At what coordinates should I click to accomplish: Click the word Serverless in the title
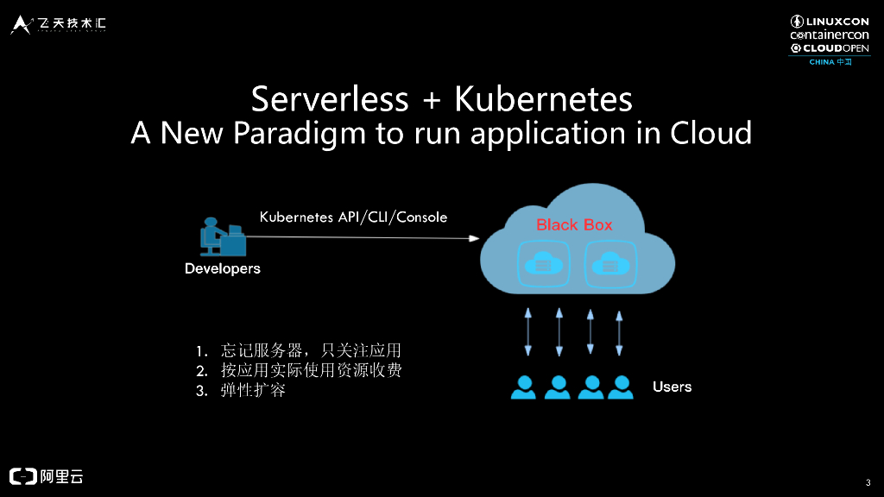330,100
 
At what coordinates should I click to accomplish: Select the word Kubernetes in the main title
544,100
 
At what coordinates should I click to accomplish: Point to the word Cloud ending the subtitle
711,134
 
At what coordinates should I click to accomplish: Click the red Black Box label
574,224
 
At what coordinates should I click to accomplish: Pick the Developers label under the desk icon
223,268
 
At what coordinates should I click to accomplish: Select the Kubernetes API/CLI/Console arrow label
354,217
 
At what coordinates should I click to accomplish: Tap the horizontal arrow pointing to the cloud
363,238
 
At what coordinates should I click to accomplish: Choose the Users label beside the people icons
672,387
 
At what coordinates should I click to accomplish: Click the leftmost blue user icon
524,387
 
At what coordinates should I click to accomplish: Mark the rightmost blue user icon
620,387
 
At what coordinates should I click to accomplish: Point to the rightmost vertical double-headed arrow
619,332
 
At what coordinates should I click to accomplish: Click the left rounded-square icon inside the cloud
543,263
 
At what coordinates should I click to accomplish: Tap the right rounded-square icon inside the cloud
610,263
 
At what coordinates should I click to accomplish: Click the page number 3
867,481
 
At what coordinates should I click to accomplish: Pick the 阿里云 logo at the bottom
47,475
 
